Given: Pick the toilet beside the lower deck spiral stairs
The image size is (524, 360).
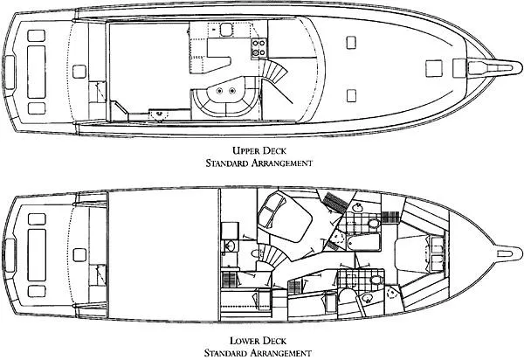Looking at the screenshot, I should pyautogui.click(x=255, y=254).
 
